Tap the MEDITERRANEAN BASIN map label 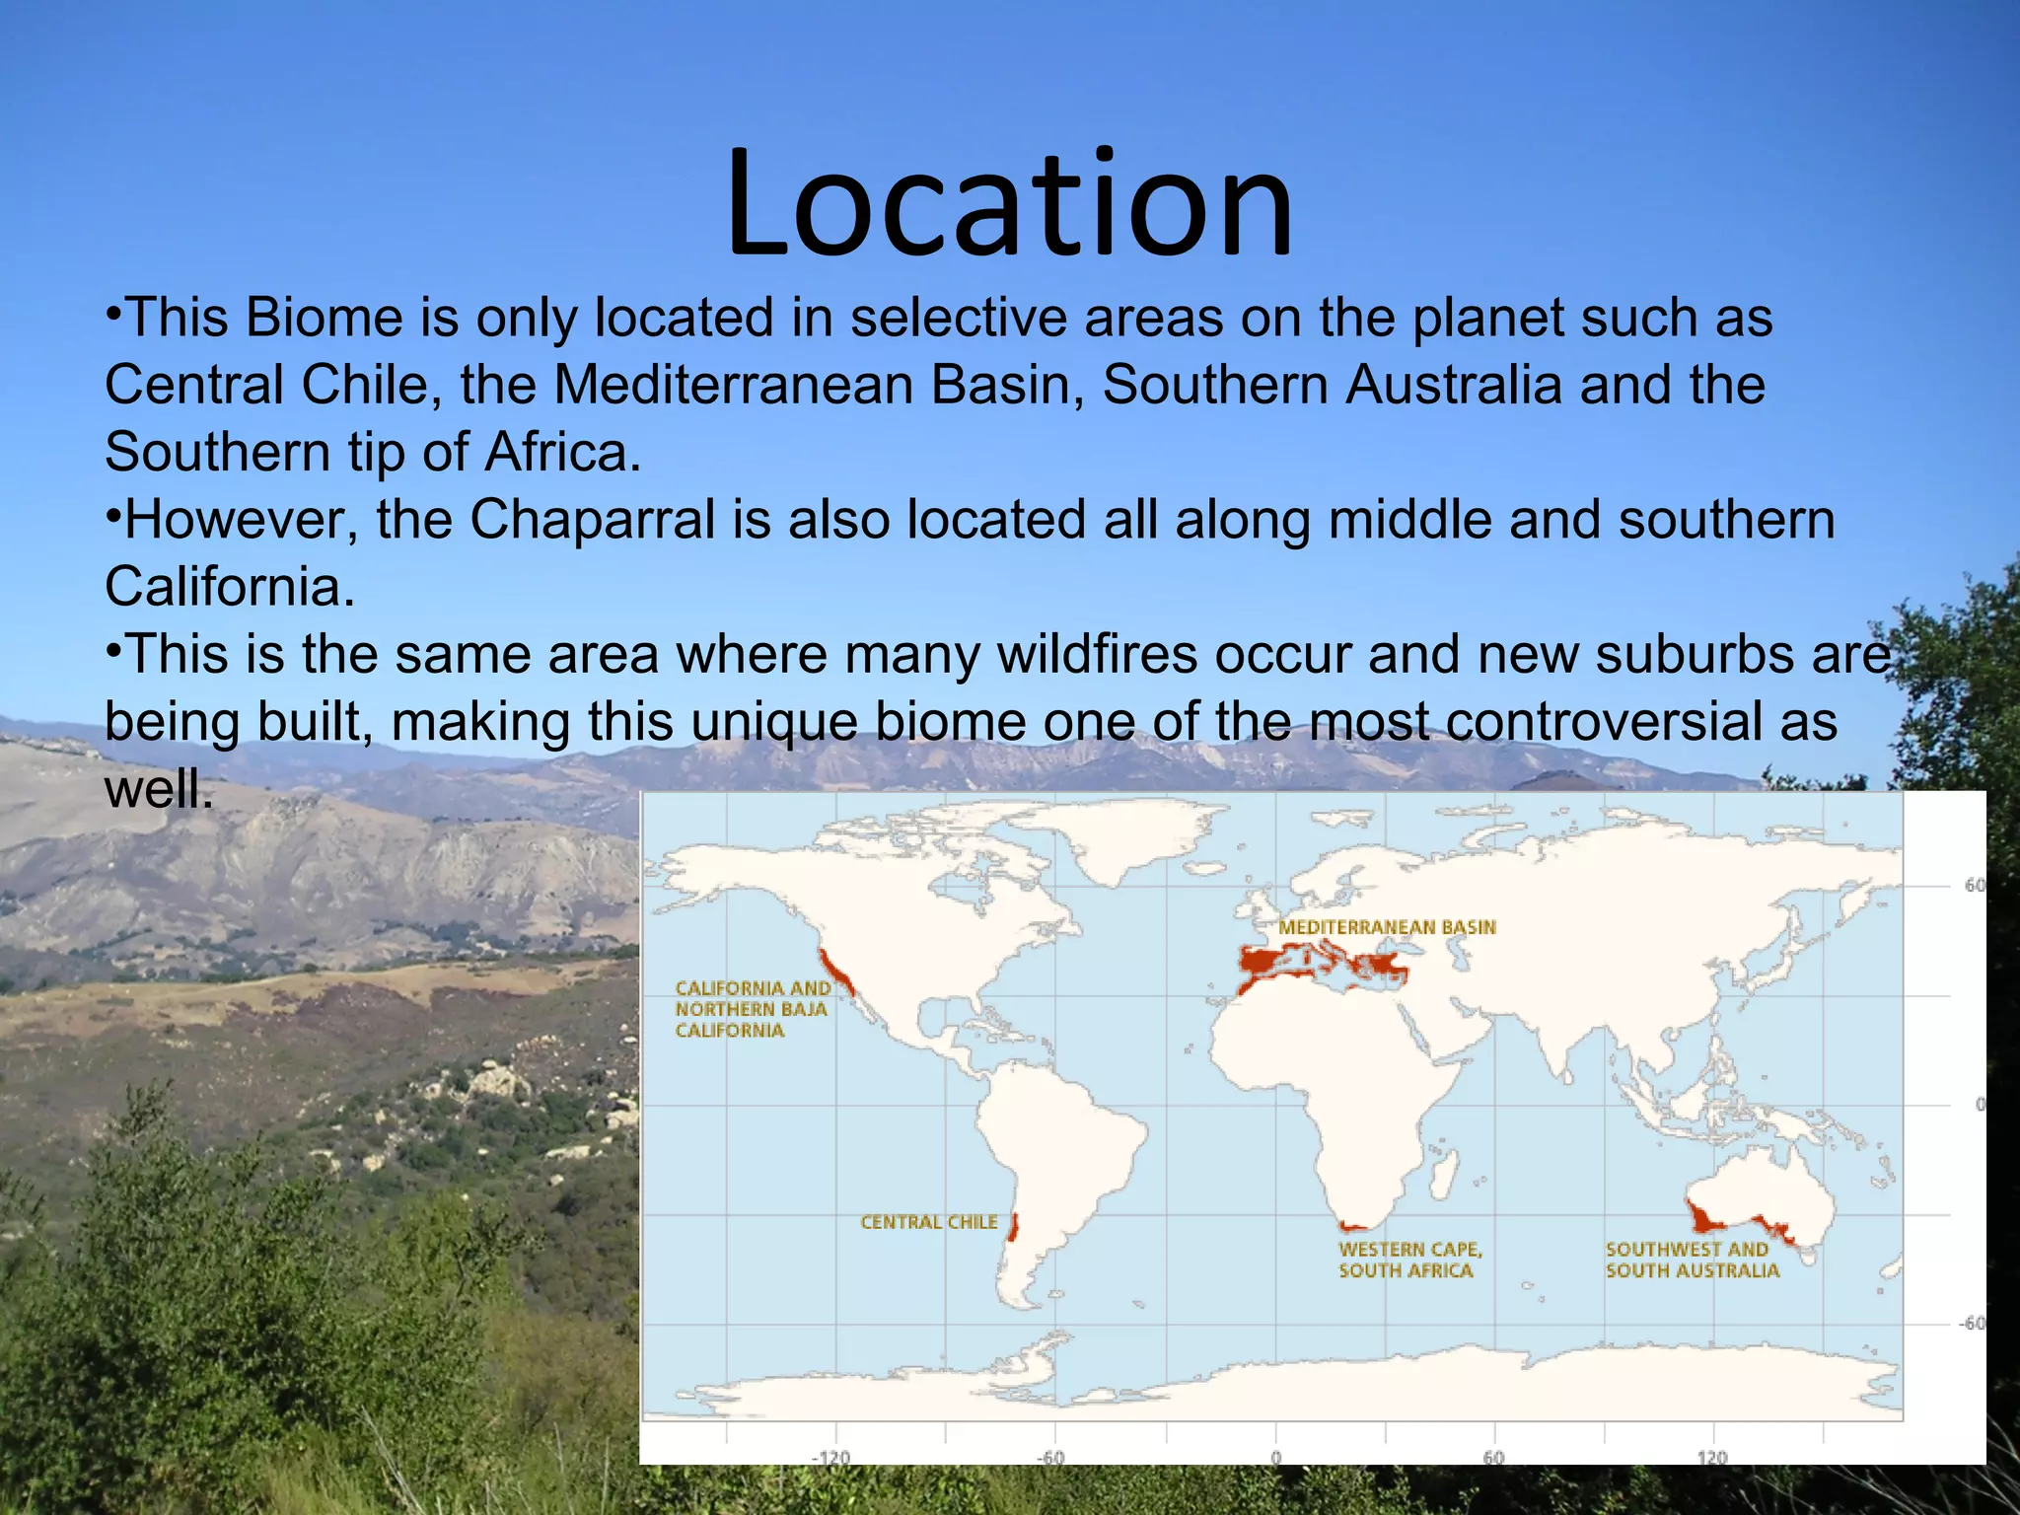pyautogui.click(x=1387, y=927)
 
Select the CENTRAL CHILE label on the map pyautogui.click(x=928, y=1222)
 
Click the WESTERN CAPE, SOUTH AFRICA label pyautogui.click(x=1409, y=1260)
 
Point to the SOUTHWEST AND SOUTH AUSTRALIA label pyautogui.click(x=1692, y=1260)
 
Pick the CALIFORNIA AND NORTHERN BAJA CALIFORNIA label pyautogui.click(x=752, y=1009)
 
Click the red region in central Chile pyautogui.click(x=1013, y=1229)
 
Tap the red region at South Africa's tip pyautogui.click(x=1352, y=1227)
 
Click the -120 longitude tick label pyautogui.click(x=830, y=1457)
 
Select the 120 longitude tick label pyautogui.click(x=1712, y=1457)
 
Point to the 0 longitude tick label pyautogui.click(x=1275, y=1457)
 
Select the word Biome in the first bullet pyautogui.click(x=325, y=319)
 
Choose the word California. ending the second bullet pyautogui.click(x=229, y=587)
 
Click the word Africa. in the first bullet pyautogui.click(x=562, y=453)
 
